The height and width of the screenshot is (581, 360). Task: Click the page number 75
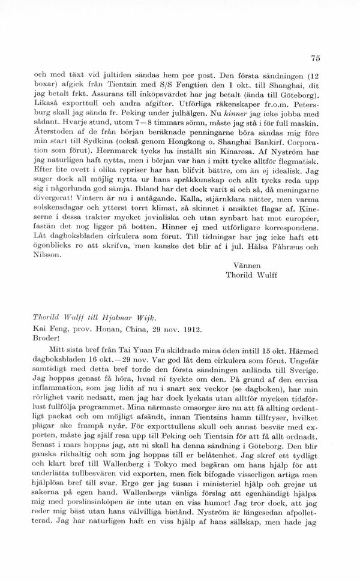[316, 58]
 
